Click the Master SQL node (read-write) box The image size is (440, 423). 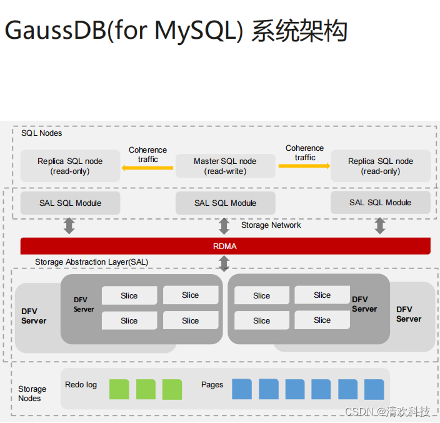225,166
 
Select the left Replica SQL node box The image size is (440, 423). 70,166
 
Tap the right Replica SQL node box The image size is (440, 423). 380,166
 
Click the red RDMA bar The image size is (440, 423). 225,246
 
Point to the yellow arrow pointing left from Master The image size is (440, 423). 147,168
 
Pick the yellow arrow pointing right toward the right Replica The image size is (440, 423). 304,166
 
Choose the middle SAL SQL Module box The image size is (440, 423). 225,203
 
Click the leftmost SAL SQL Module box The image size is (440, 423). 70,203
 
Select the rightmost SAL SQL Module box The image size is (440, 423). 380,202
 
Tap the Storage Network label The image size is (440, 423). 271,225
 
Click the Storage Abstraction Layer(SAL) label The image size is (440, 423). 92,262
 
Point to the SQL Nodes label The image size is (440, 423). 42,133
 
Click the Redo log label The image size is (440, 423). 81,384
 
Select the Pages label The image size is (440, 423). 212,384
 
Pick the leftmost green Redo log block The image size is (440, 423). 119,389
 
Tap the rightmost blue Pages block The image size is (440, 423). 374,389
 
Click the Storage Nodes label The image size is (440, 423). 31,394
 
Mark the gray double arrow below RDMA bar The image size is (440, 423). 224,263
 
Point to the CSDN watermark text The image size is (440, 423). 387,412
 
